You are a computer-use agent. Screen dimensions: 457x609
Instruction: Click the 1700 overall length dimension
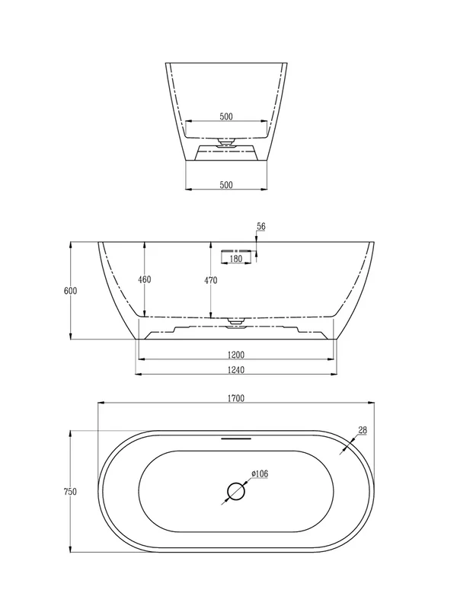236,398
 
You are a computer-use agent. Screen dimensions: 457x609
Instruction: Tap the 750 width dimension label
70,491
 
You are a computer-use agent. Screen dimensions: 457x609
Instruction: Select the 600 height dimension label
70,291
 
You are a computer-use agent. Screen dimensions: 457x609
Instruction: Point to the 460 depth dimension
145,279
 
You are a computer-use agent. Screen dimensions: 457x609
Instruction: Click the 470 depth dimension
211,280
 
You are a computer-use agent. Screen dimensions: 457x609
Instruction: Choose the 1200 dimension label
236,355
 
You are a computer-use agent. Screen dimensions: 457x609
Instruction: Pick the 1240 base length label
236,370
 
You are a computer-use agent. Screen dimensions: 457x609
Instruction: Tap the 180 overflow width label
236,259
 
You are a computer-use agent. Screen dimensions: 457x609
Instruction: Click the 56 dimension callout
261,226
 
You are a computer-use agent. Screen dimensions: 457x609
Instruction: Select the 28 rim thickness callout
363,430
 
